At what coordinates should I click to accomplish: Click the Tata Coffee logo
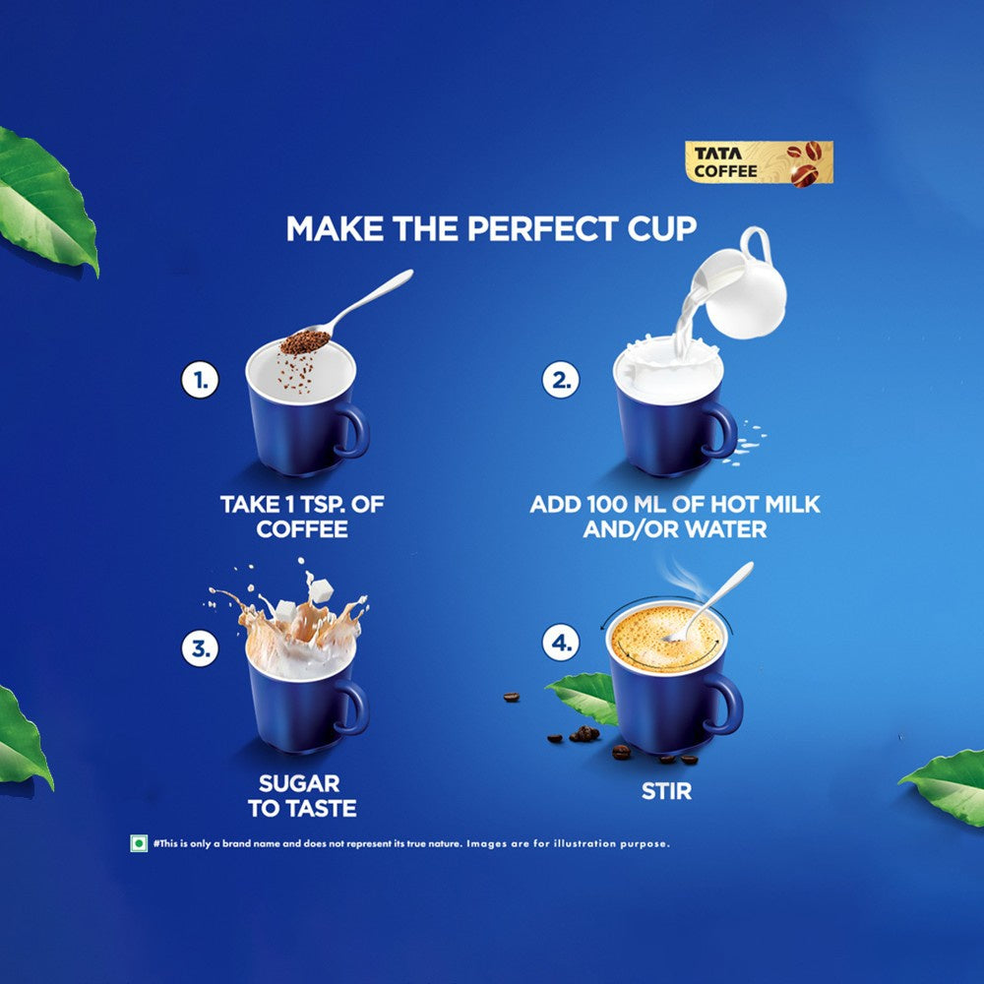coord(759,163)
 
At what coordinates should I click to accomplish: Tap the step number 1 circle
coord(200,380)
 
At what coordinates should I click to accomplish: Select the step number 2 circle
coord(561,380)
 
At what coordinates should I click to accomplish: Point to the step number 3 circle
coord(200,648)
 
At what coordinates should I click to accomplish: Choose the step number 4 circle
coord(561,643)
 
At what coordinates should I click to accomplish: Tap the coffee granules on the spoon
coord(305,342)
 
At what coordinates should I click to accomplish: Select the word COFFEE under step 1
coord(302,529)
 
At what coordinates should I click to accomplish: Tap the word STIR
coord(666,791)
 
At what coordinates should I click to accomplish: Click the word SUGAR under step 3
coord(299,783)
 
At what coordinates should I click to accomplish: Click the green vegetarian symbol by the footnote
coord(139,843)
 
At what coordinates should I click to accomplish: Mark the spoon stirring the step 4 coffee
coord(709,601)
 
